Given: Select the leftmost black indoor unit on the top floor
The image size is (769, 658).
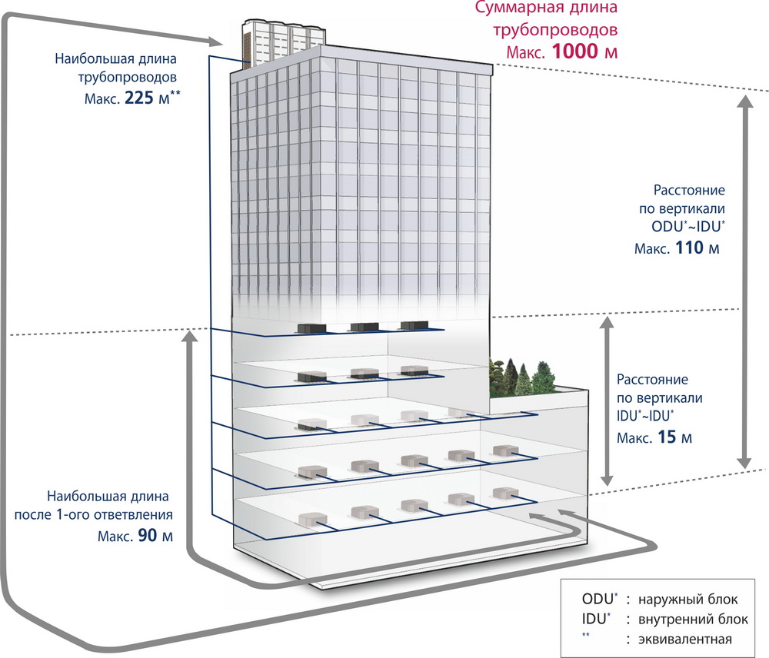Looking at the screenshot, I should click(311, 328).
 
